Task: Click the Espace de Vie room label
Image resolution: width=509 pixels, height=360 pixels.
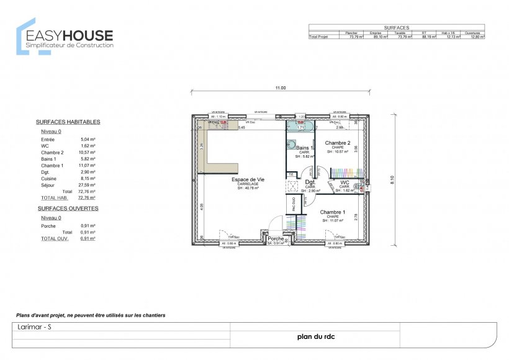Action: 248,180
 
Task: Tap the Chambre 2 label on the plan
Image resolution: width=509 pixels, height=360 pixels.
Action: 338,143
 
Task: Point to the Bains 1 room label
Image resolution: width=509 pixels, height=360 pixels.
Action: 304,148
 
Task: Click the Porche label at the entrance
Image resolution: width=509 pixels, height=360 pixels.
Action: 276,239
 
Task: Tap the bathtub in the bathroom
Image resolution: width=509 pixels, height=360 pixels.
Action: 300,125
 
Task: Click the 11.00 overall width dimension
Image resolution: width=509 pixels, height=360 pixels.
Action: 281,88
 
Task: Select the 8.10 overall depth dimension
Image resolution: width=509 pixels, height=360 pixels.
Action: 392,180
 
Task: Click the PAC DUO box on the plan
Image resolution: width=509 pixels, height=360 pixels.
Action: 294,205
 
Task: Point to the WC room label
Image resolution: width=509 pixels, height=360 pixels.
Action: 345,182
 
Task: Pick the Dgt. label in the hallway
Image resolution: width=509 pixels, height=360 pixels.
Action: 310,182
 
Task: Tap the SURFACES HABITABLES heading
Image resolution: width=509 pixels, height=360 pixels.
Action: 68,122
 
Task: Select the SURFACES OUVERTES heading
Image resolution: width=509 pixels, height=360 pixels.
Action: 68,209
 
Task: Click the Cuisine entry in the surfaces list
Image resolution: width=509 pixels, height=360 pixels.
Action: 50,178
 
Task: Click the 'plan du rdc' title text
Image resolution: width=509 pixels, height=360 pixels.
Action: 314,337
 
